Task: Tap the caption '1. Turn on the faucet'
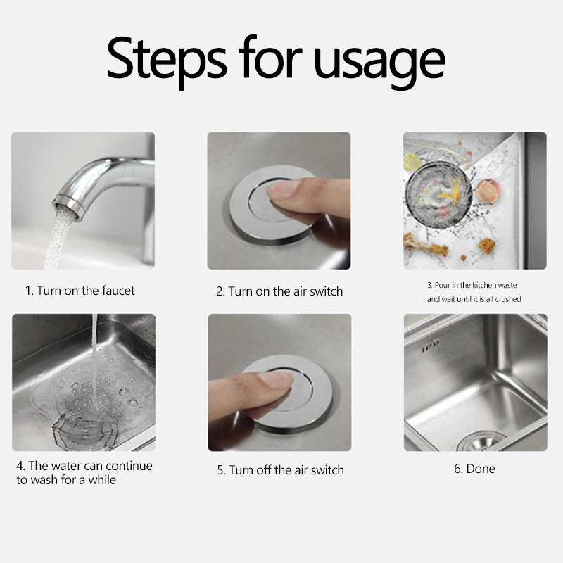click(x=80, y=290)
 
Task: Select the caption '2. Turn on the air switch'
click(x=279, y=291)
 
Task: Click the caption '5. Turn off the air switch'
click(x=280, y=469)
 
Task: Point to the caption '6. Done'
click(x=474, y=468)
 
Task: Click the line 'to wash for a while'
click(x=66, y=480)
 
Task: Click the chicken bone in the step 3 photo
click(x=422, y=246)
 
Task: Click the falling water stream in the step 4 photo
click(x=91, y=352)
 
